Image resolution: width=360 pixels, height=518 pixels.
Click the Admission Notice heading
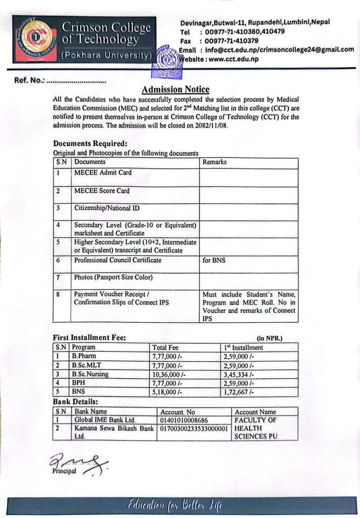[175, 90]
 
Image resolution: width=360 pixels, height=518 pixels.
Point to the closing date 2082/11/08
[209, 125]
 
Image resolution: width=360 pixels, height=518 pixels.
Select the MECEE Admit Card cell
[103, 172]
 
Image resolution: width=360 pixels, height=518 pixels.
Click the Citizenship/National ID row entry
[107, 208]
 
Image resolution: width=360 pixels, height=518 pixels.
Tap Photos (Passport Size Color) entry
[113, 277]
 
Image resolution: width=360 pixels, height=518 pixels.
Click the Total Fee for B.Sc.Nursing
[169, 375]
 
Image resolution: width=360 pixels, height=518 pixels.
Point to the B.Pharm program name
[84, 357]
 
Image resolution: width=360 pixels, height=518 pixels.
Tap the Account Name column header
[255, 412]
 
